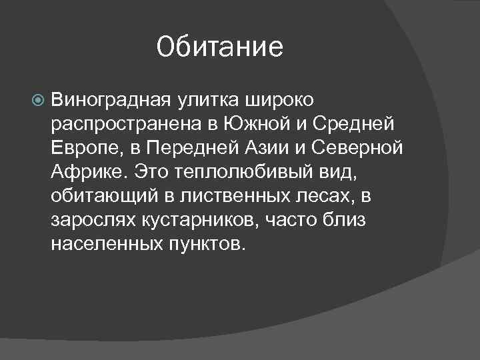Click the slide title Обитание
(x=220, y=47)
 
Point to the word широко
(x=281, y=101)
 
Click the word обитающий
(x=101, y=197)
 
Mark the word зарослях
(x=90, y=221)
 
